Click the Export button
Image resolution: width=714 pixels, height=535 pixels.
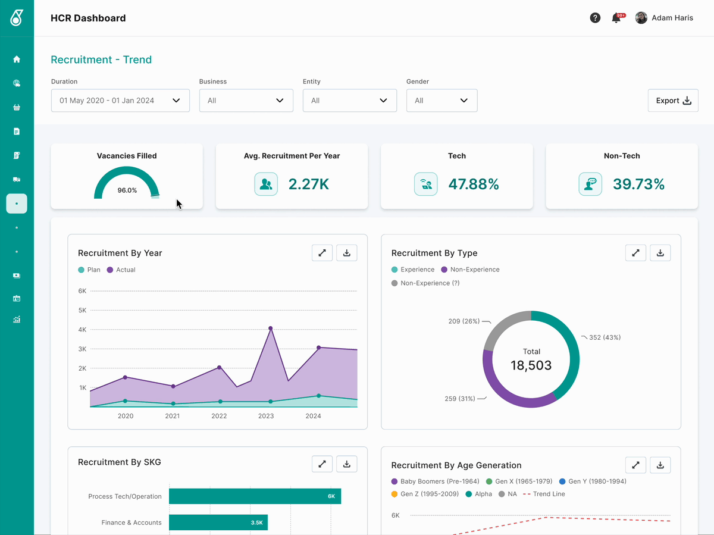(x=673, y=101)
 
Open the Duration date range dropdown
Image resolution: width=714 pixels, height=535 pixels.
(x=120, y=101)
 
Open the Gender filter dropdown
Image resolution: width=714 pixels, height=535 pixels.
(x=441, y=101)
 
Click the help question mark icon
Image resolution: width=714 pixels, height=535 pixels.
(x=595, y=18)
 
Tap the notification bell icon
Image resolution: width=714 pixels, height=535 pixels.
(x=616, y=18)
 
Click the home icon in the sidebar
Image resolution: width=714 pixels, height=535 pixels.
(x=17, y=59)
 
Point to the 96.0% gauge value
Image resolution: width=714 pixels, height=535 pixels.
(x=127, y=190)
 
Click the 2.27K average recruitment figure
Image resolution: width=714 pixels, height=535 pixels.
(x=309, y=184)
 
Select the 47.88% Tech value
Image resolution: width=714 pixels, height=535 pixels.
(x=474, y=184)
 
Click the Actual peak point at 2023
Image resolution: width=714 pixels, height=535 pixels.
(x=270, y=328)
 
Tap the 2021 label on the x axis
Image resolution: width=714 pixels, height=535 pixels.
(x=173, y=416)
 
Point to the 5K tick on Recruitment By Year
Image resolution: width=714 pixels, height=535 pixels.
(x=82, y=310)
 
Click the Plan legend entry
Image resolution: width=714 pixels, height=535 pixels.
(x=89, y=270)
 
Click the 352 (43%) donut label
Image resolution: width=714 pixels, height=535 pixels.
(x=605, y=337)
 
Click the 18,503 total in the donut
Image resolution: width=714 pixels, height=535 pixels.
(x=531, y=365)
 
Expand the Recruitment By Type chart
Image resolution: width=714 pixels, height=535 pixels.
(x=635, y=253)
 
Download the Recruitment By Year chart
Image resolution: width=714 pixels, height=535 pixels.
(x=347, y=253)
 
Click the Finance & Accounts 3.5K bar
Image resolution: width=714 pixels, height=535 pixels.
(x=218, y=523)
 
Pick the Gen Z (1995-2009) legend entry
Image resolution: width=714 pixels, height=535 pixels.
(x=425, y=494)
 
